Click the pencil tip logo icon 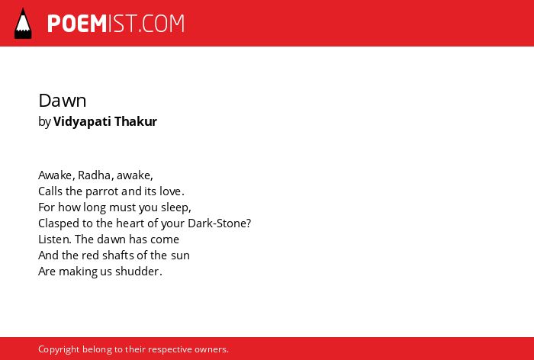[23, 24]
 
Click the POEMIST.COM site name [116, 24]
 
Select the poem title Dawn [63, 101]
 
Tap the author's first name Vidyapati [82, 121]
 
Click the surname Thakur [136, 121]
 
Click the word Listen [53, 239]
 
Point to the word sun [180, 256]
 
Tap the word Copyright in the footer [59, 349]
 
